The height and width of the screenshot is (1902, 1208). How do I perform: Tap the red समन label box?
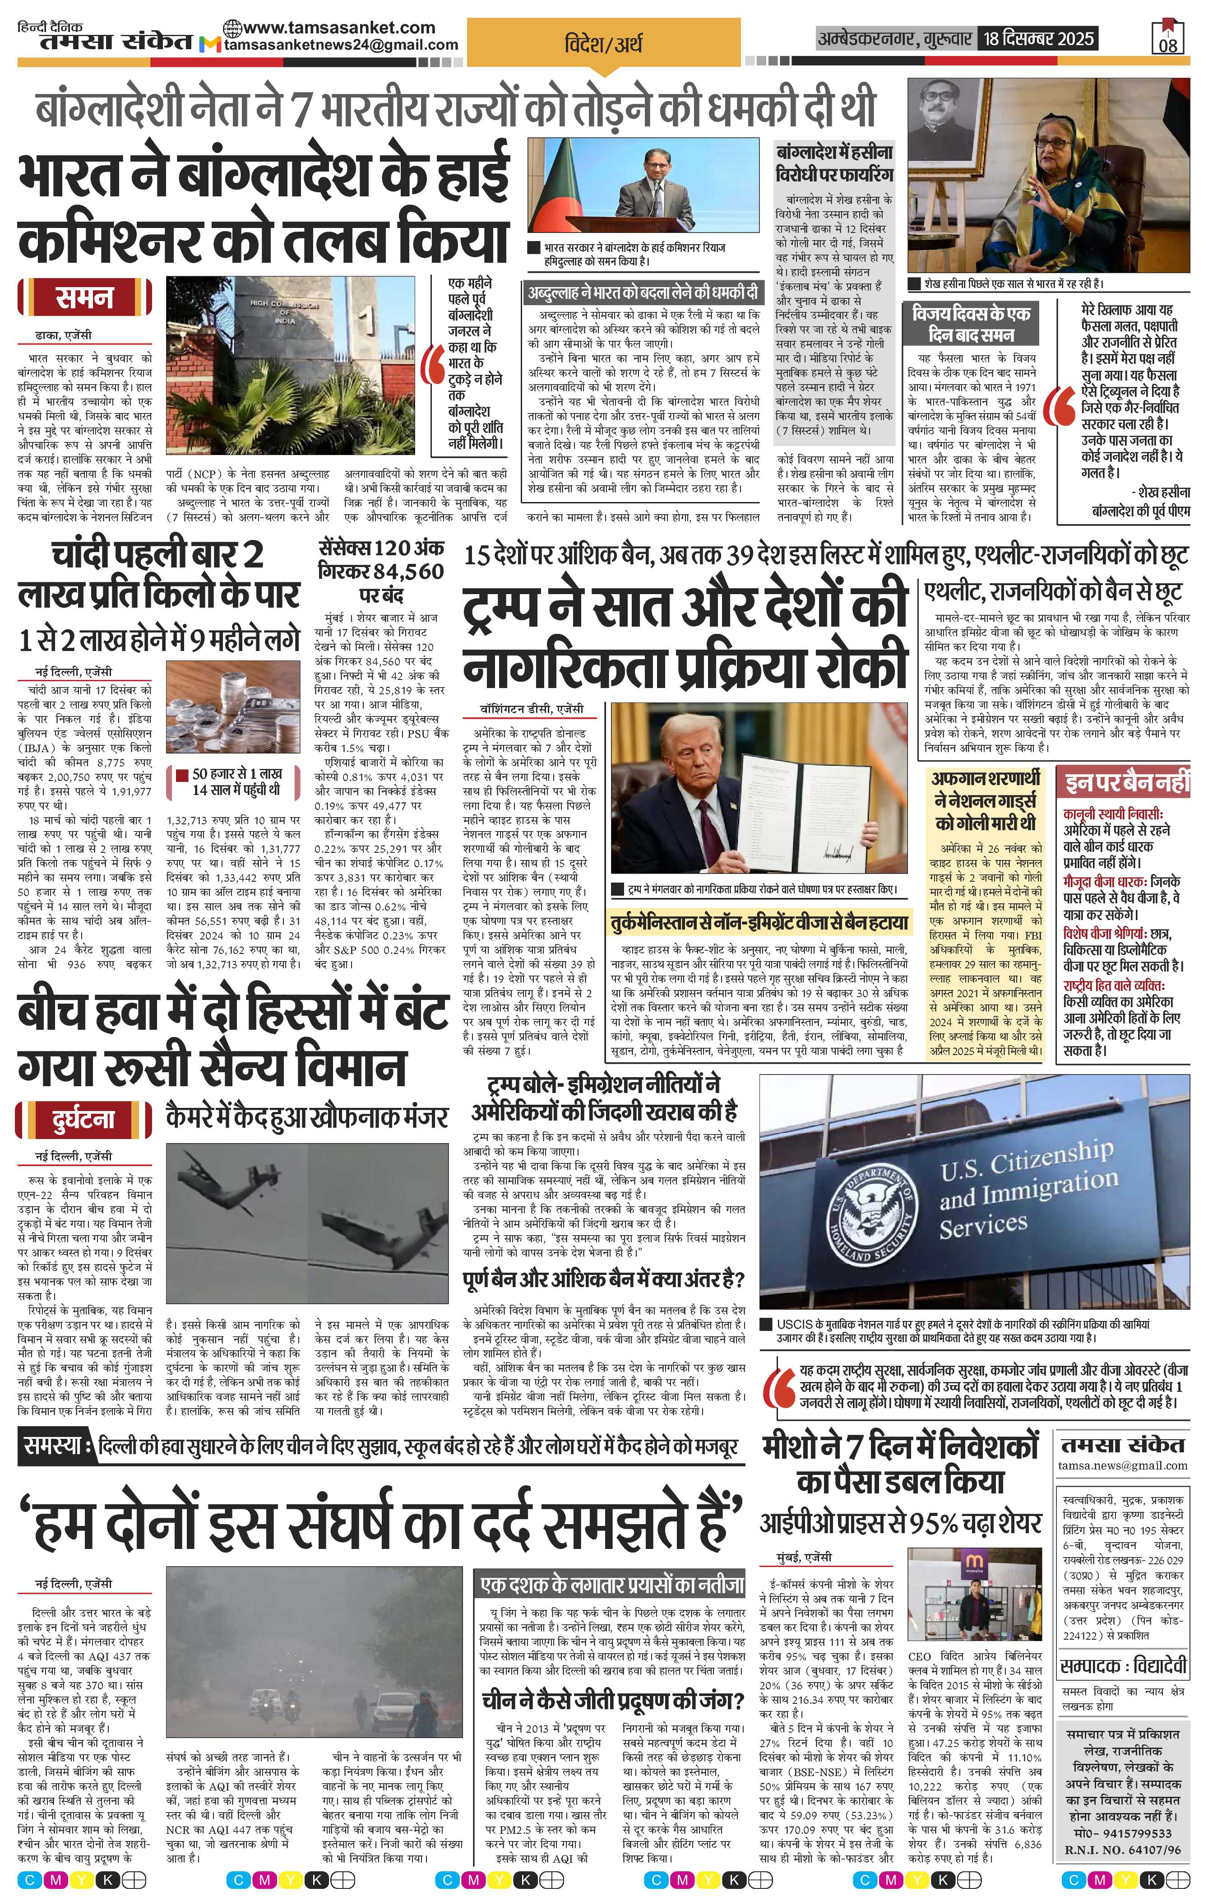coord(84,298)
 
